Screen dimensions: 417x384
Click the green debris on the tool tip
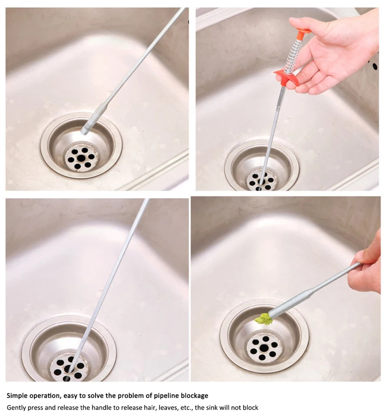(x=264, y=319)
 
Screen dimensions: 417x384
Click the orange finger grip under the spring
(x=287, y=76)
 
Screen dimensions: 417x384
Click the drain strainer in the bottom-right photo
(x=264, y=347)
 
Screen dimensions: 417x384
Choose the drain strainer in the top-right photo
(x=262, y=180)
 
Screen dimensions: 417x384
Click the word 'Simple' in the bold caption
(x=18, y=396)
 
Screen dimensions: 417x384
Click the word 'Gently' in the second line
(x=16, y=408)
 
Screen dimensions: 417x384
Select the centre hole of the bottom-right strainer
(x=264, y=348)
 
